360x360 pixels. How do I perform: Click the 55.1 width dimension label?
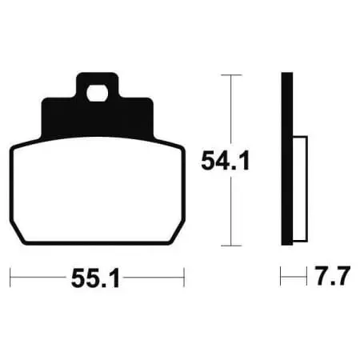[95, 278]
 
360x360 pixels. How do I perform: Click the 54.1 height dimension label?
[226, 161]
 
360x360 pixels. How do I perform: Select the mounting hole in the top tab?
[97, 94]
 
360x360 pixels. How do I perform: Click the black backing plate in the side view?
[287, 158]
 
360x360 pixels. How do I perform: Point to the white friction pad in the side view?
[300, 189]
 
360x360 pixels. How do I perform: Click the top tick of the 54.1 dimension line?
[231, 75]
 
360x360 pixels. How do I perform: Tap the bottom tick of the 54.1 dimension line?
[231, 246]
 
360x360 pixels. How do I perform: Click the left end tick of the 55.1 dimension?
[10, 278]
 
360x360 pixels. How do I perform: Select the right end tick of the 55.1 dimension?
[184, 278]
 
